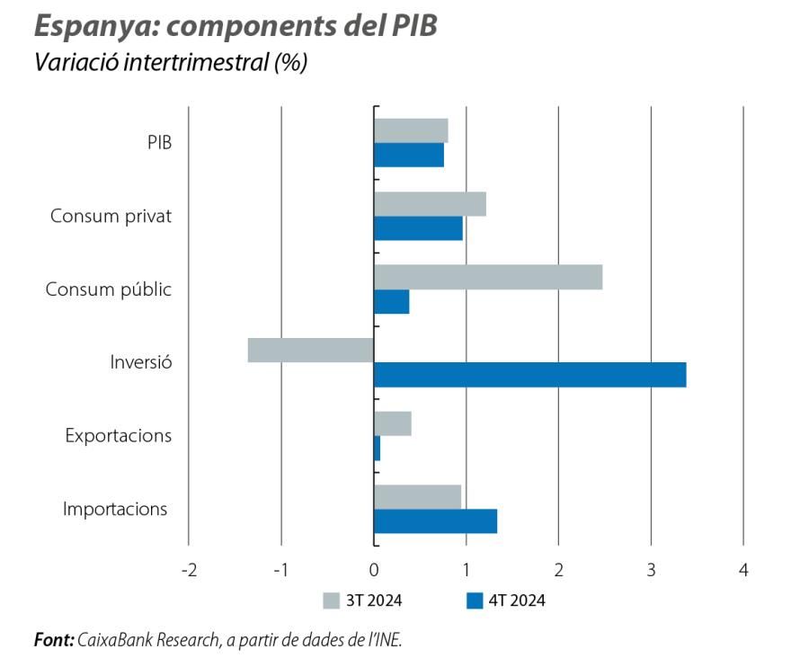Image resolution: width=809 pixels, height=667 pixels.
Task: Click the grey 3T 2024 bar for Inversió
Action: [x=310, y=350]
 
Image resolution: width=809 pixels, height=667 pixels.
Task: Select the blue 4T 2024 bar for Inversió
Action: [x=529, y=374]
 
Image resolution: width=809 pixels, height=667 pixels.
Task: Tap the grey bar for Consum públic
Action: [x=487, y=277]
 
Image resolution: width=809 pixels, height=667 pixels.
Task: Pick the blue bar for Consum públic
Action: [x=391, y=301]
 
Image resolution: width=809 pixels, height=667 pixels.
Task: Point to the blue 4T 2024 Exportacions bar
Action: [x=377, y=448]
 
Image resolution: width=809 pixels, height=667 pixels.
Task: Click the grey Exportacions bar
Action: [x=392, y=423]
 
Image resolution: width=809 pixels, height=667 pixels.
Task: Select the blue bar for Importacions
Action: [x=435, y=521]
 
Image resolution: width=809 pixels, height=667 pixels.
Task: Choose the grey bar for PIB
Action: [x=411, y=130]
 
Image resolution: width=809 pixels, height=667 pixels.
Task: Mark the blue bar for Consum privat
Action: [x=418, y=228]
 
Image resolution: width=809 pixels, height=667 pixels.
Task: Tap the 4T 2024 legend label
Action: [x=517, y=600]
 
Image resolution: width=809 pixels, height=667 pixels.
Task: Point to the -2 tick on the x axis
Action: [x=188, y=570]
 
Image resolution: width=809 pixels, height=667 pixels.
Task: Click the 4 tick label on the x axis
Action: [x=743, y=570]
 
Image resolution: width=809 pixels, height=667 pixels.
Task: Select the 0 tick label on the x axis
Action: [x=374, y=570]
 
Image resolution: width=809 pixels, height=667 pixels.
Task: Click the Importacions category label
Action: [x=115, y=509]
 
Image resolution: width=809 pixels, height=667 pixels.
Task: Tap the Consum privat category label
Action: [x=111, y=216]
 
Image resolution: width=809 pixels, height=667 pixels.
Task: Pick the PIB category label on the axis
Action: [x=159, y=142]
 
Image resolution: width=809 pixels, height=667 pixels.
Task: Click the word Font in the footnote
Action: [x=52, y=640]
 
